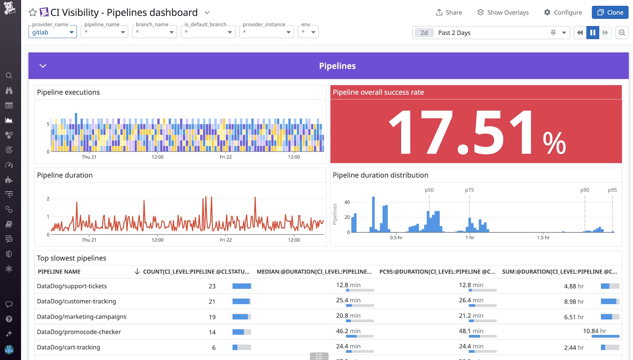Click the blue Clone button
coord(610,12)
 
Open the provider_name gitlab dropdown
coord(52,32)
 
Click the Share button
coord(449,12)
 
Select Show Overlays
coord(503,12)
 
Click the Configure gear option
coord(563,12)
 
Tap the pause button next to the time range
coord(593,33)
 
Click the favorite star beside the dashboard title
coord(33,12)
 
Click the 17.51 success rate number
coord(461,133)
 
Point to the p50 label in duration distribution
coord(429,190)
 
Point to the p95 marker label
coord(612,190)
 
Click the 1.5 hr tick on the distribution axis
coord(543,237)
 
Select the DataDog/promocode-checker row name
coord(79,332)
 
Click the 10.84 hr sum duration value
coord(594,331)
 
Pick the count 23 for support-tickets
coord(212,286)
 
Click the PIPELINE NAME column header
coord(59,272)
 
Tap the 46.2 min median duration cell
coord(348,331)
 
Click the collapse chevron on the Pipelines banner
coord(43,66)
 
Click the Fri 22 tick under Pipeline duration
coord(225,240)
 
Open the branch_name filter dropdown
coord(154,32)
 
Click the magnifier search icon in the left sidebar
coord(9,76)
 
